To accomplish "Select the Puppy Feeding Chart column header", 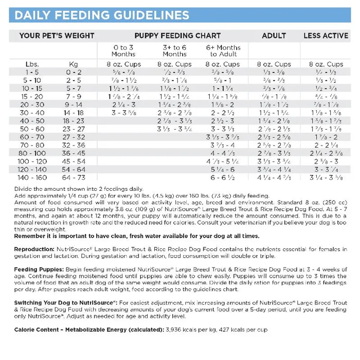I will point(177,36).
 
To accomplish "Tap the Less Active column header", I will point(326,36).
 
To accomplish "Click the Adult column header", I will point(274,36).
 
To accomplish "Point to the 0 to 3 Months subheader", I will point(123,50).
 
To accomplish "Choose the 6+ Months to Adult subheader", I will point(223,50).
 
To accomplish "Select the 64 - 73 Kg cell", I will point(74,177).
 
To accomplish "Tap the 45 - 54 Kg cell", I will point(74,161).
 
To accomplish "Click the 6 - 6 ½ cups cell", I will point(222,177).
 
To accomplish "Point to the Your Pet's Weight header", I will point(57,36).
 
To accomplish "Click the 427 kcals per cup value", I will point(245,329).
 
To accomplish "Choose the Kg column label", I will point(74,64).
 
